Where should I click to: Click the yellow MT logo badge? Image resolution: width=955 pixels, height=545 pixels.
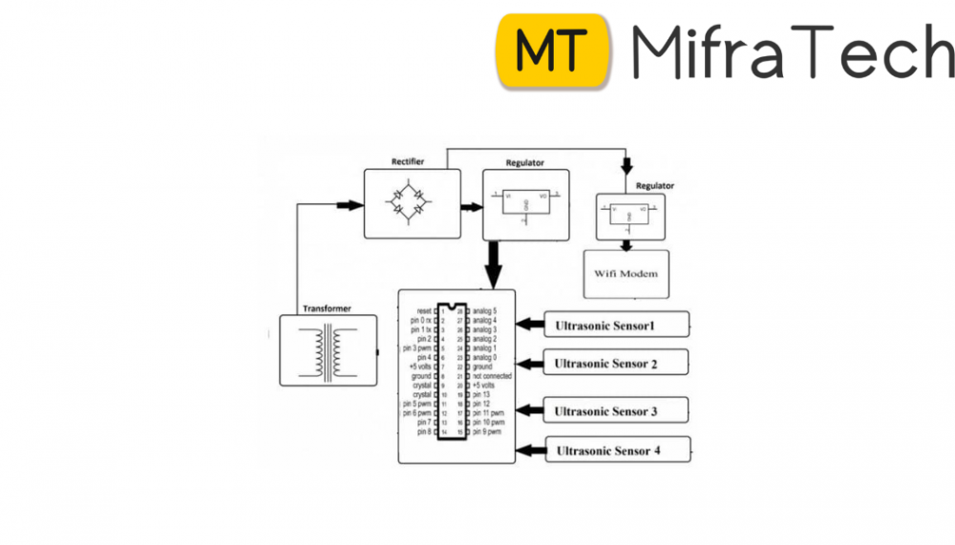click(x=553, y=51)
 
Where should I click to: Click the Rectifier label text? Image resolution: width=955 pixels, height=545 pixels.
click(x=407, y=162)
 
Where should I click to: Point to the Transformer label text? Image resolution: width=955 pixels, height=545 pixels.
click(x=327, y=309)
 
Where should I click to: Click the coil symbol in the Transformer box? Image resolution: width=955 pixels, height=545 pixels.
click(x=327, y=352)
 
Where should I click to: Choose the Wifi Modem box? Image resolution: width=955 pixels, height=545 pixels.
click(x=626, y=274)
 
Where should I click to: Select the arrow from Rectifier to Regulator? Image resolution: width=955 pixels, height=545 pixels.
click(x=471, y=205)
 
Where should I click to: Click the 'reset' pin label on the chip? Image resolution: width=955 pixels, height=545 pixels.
click(x=425, y=311)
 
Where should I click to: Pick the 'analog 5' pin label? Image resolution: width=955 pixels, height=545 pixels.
click(x=484, y=311)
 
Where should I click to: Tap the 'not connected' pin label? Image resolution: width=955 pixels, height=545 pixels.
click(x=492, y=376)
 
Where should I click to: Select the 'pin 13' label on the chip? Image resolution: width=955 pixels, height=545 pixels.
click(x=481, y=394)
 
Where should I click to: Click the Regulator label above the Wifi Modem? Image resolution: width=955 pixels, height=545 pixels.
click(x=655, y=186)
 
